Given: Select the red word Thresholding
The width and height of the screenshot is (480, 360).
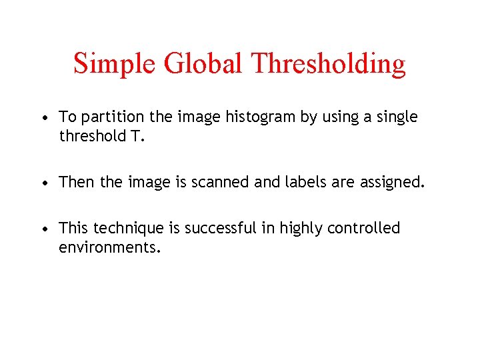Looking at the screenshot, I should (329, 64).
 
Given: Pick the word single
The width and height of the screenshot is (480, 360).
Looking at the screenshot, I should (396, 117).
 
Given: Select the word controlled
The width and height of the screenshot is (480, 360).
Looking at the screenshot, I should (364, 228).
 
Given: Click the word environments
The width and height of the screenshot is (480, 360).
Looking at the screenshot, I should (109, 247).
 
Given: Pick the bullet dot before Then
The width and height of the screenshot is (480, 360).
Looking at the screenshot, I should (43, 183).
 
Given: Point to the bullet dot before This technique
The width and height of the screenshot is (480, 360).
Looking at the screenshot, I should (43, 229).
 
